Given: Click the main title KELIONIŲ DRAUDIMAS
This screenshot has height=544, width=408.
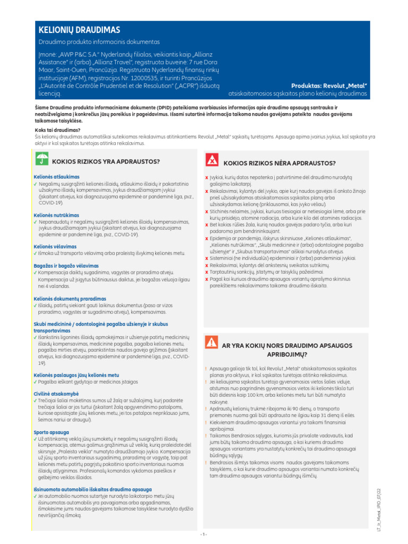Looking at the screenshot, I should click(79, 30).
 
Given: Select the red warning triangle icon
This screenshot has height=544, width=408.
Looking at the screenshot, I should click(212, 342).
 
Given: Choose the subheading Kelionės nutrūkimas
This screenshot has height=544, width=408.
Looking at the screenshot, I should click(56, 215).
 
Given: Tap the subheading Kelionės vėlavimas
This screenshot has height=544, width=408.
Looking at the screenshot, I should click(55, 246).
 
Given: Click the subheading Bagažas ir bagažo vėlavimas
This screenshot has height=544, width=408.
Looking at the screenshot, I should click(66, 265).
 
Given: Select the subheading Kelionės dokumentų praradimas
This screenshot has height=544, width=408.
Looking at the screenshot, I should click(70, 299).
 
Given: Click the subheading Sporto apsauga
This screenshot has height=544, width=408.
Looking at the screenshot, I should click(51, 432).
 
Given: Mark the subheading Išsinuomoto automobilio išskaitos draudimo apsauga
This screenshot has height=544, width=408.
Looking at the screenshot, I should click(92, 489).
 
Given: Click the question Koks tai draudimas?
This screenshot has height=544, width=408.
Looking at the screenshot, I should click(57, 130).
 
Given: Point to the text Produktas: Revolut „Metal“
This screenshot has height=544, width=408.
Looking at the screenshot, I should click(329, 86).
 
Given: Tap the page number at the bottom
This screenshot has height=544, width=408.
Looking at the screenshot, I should click(203, 533).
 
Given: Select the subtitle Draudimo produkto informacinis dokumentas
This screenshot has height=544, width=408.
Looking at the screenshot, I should click(99, 42).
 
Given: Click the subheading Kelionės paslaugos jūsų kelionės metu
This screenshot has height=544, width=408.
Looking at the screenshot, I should click(76, 375).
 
